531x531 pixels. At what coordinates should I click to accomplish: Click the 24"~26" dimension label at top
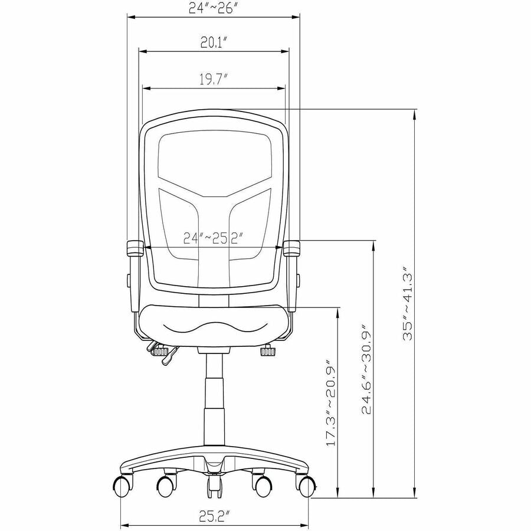(216, 8)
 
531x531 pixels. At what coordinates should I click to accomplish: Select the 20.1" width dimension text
(214, 42)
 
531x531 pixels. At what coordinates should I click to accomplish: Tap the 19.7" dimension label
(212, 80)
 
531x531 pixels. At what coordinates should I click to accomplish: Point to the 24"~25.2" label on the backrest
(214, 238)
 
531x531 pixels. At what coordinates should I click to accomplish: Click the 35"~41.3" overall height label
(407, 303)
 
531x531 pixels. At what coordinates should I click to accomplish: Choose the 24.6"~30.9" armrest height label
(366, 370)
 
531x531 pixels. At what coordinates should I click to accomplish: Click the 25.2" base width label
(214, 516)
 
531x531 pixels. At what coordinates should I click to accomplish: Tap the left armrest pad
(135, 248)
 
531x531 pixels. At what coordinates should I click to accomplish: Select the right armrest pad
(291, 248)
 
